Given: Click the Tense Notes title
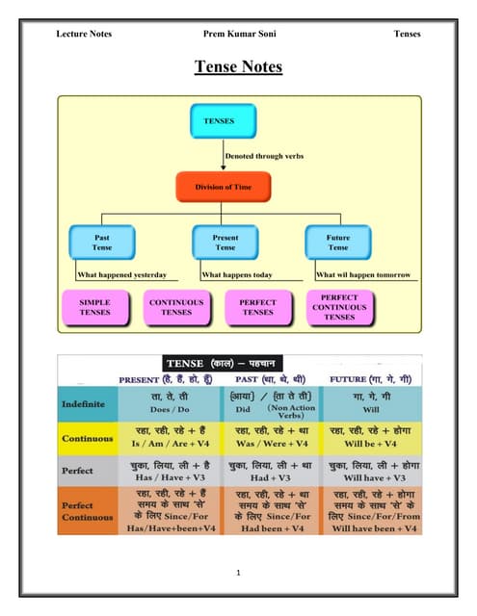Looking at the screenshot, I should point(238,66).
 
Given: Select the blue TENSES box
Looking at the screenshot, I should point(223,121).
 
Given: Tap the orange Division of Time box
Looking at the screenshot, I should point(223,186).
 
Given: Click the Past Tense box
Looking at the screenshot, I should point(101,242).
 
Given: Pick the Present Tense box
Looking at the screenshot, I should point(225,242).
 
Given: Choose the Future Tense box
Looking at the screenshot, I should point(338,242).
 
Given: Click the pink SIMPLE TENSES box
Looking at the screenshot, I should point(94,307).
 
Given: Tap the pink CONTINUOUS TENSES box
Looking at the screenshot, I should point(176,307).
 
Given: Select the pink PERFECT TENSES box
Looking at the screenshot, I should point(257,307).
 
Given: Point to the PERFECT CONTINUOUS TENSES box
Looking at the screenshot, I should point(339,307).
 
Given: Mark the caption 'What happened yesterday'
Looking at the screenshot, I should point(121,274).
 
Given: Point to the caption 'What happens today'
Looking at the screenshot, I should point(237,274).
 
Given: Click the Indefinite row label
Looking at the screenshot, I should point(84,402).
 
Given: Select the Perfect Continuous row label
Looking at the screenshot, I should point(84,512).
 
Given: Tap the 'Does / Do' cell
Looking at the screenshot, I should point(169,408).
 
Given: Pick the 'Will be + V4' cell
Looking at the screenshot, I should point(371,444).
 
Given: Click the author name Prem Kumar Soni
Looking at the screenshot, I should point(238,34).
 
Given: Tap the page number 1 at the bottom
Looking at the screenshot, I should point(237,574).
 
